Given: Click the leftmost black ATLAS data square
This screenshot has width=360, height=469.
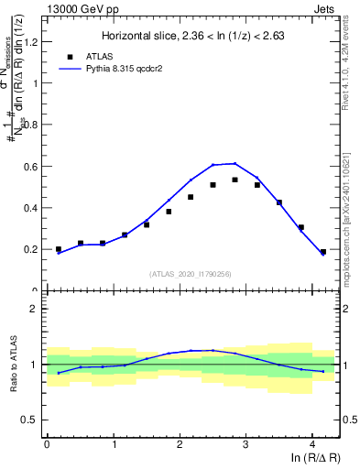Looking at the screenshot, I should [59, 249].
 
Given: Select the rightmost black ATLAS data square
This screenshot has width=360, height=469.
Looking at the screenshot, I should [322, 252].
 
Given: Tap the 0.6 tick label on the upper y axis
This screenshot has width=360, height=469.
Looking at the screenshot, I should [31, 166].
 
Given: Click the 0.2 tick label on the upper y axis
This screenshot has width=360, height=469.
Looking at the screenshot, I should [31, 249].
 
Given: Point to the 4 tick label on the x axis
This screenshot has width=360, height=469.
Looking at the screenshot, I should [312, 445].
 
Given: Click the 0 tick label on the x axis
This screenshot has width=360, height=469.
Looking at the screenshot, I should [47, 445].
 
